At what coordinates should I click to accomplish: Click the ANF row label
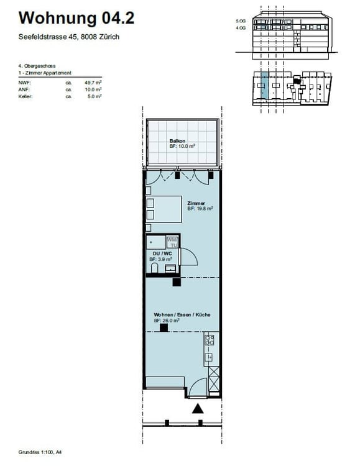pyautogui.click(x=24, y=89)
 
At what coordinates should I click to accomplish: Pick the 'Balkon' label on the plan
pyautogui.click(x=177, y=142)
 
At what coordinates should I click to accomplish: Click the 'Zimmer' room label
pyautogui.click(x=196, y=203)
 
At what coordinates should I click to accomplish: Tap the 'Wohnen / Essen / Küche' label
pyautogui.click(x=182, y=315)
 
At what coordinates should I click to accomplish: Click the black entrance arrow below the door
pyautogui.click(x=198, y=409)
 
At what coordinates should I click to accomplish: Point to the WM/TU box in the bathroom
pyautogui.click(x=172, y=242)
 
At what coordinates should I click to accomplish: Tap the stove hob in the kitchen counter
pyautogui.click(x=210, y=339)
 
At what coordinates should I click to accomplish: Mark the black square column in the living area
pyautogui.click(x=163, y=327)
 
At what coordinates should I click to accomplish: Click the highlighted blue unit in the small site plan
pyautogui.click(x=265, y=86)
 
